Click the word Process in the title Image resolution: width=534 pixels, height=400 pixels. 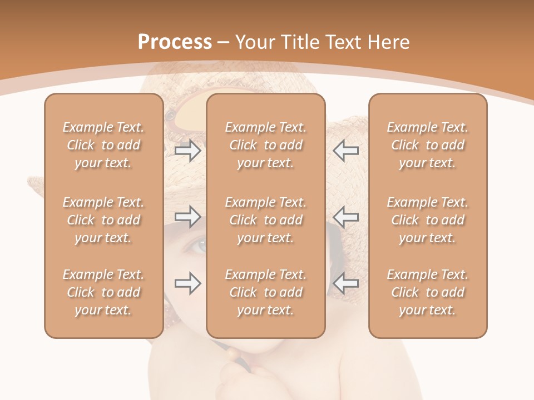175,42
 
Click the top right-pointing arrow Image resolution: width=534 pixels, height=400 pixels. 188,151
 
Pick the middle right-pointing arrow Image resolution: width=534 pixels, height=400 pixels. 188,217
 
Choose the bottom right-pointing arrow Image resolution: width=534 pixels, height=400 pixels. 188,283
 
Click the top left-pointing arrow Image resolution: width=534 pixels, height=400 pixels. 345,151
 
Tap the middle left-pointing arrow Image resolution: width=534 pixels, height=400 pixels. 345,217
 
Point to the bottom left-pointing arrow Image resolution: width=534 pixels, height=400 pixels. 345,283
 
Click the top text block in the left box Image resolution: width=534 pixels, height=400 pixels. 103,145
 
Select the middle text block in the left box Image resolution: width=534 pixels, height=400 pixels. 103,220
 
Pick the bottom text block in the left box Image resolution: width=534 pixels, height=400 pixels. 103,292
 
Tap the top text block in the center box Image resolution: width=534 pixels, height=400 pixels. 265,145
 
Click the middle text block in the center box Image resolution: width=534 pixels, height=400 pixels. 265,220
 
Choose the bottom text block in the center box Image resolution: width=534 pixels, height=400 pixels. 265,292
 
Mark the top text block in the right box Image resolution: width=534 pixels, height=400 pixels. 428,145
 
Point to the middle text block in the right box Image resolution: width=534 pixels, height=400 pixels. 428,220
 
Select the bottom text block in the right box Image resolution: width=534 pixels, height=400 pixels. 428,292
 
